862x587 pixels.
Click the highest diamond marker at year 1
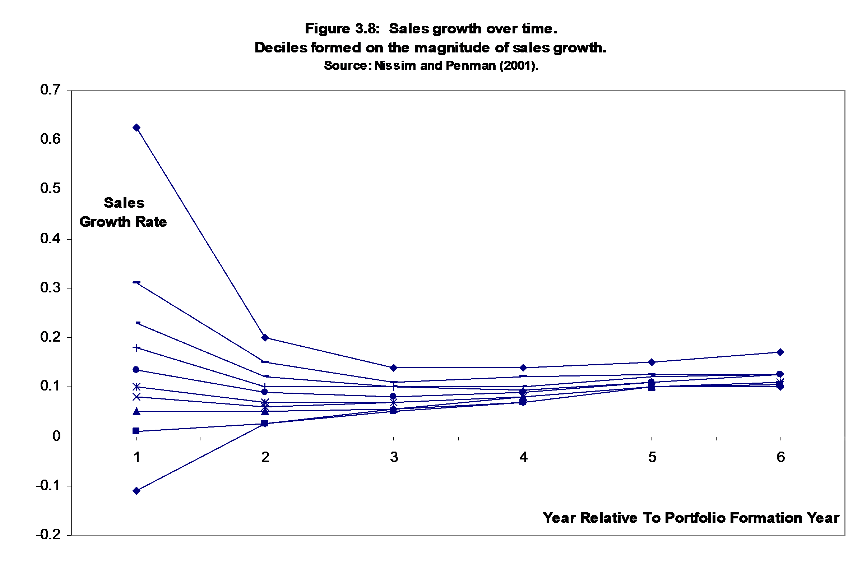(x=136, y=128)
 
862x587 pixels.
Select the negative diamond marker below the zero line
(x=136, y=490)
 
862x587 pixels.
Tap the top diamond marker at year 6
(x=780, y=352)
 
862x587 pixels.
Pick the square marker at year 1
(x=136, y=431)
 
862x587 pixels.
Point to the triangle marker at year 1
(x=136, y=411)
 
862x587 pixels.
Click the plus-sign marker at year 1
(x=136, y=348)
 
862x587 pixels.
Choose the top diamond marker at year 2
(x=265, y=338)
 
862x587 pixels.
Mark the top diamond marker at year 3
(x=394, y=368)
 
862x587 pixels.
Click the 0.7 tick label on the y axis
(x=50, y=90)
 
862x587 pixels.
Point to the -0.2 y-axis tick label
(x=48, y=534)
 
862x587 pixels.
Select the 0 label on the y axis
(x=56, y=436)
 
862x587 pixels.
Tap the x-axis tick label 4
(x=523, y=457)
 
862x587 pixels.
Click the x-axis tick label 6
(x=780, y=457)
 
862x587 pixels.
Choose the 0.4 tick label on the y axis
(x=50, y=238)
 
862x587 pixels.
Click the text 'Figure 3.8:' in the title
(x=342, y=29)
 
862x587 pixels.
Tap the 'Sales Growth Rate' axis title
(x=123, y=212)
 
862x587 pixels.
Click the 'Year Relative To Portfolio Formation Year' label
(x=691, y=518)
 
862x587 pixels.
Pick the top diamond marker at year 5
(x=652, y=362)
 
